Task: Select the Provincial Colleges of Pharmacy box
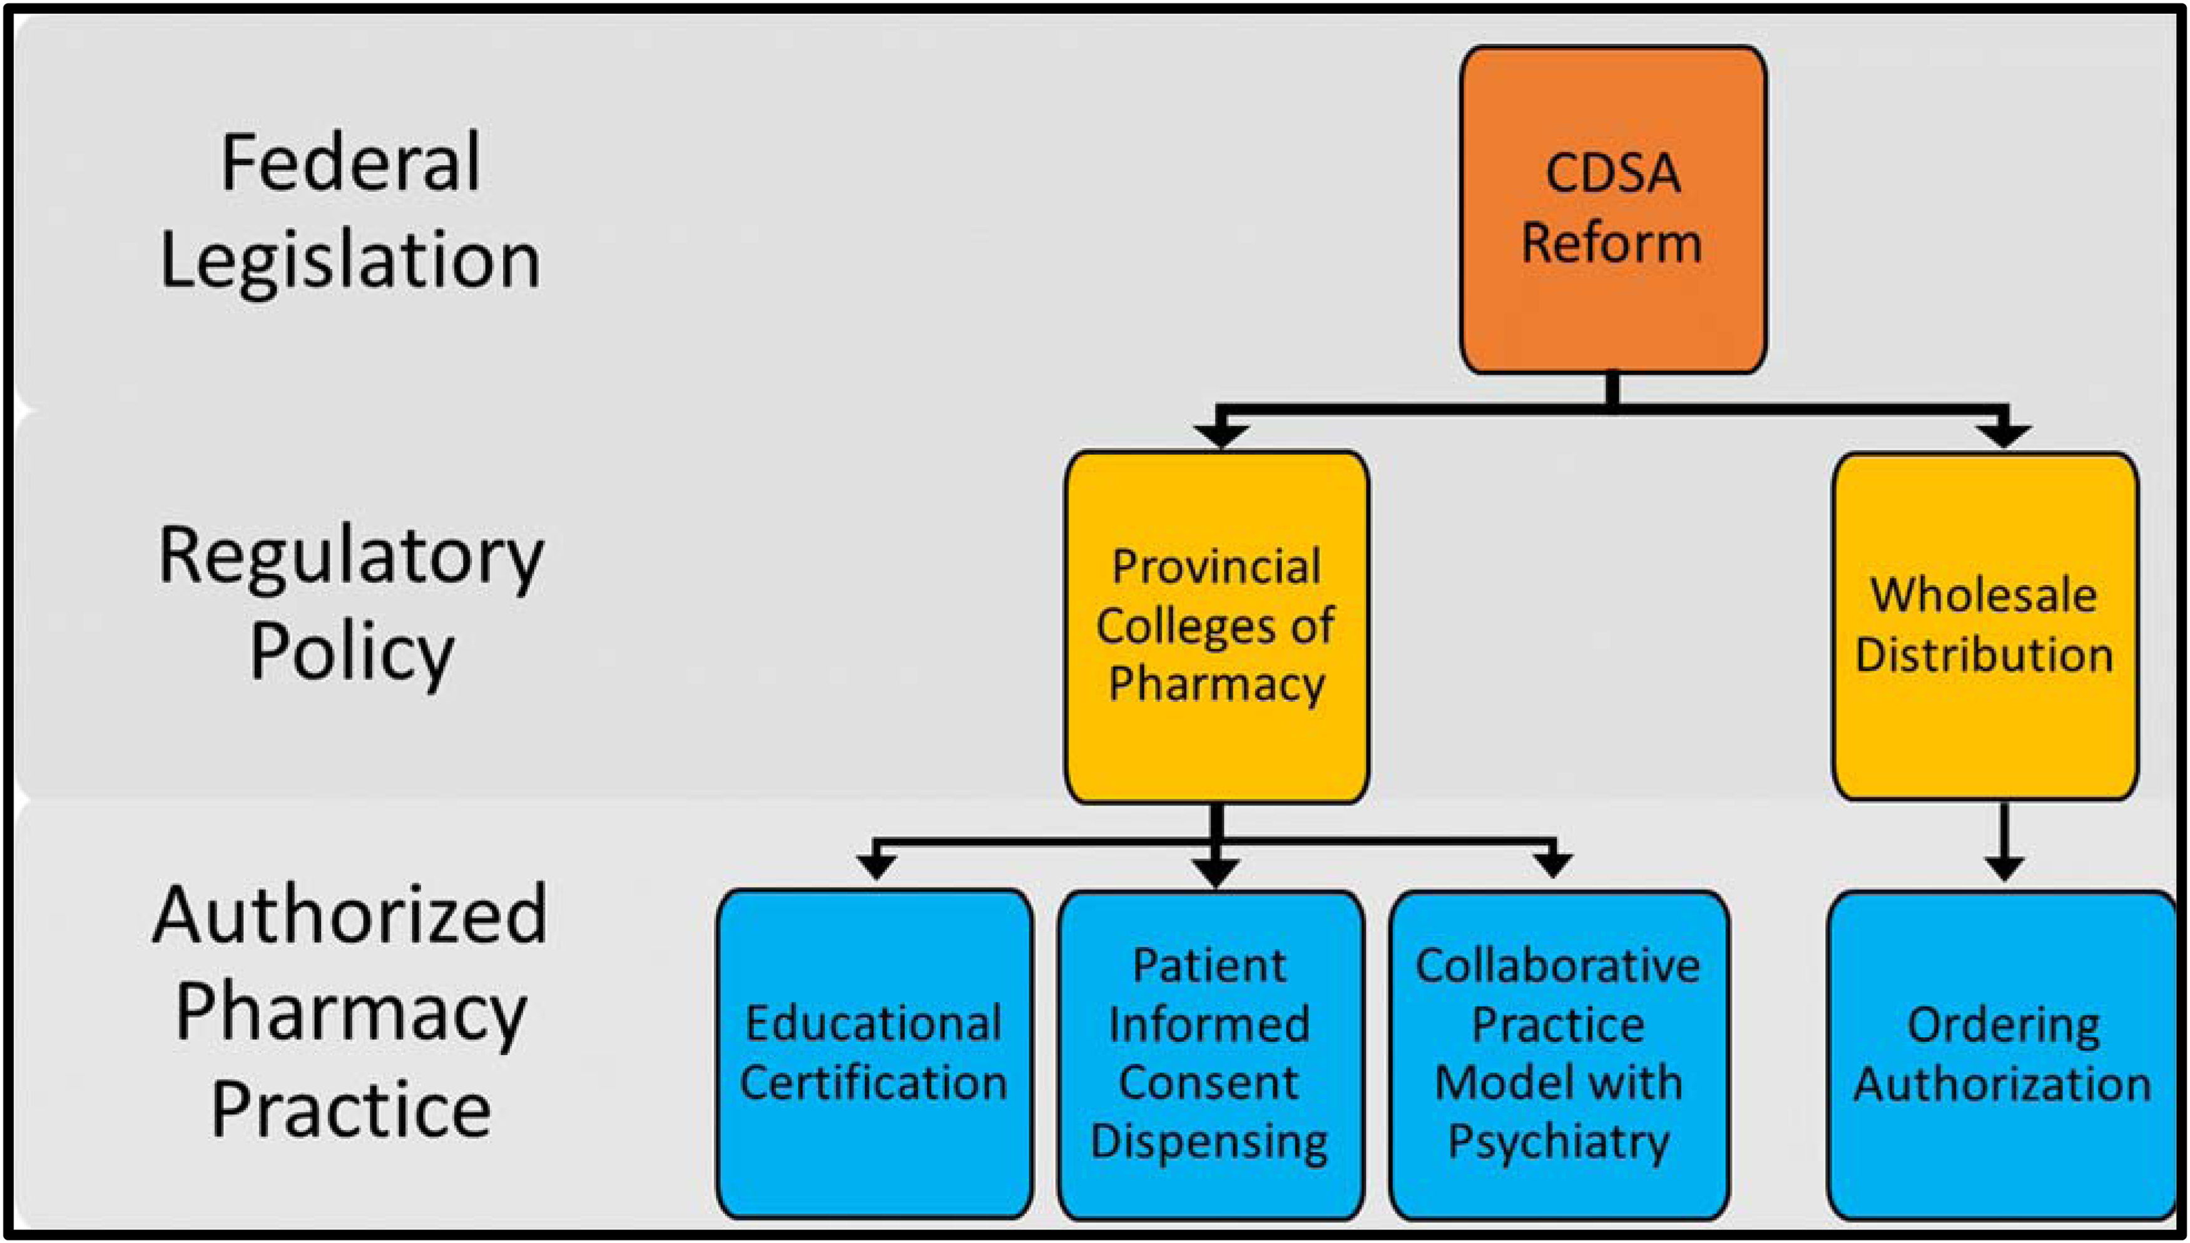[1216, 627]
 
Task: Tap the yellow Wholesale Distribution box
[1985, 627]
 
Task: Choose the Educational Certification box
[874, 1054]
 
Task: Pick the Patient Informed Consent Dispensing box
[1211, 1054]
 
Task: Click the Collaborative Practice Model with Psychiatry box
[1559, 1054]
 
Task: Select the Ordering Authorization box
[2002, 1054]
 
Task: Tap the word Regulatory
[351, 559]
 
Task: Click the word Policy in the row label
[352, 653]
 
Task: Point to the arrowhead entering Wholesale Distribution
[2004, 435]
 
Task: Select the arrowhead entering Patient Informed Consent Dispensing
[1216, 873]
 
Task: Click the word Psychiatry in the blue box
[1559, 1142]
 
